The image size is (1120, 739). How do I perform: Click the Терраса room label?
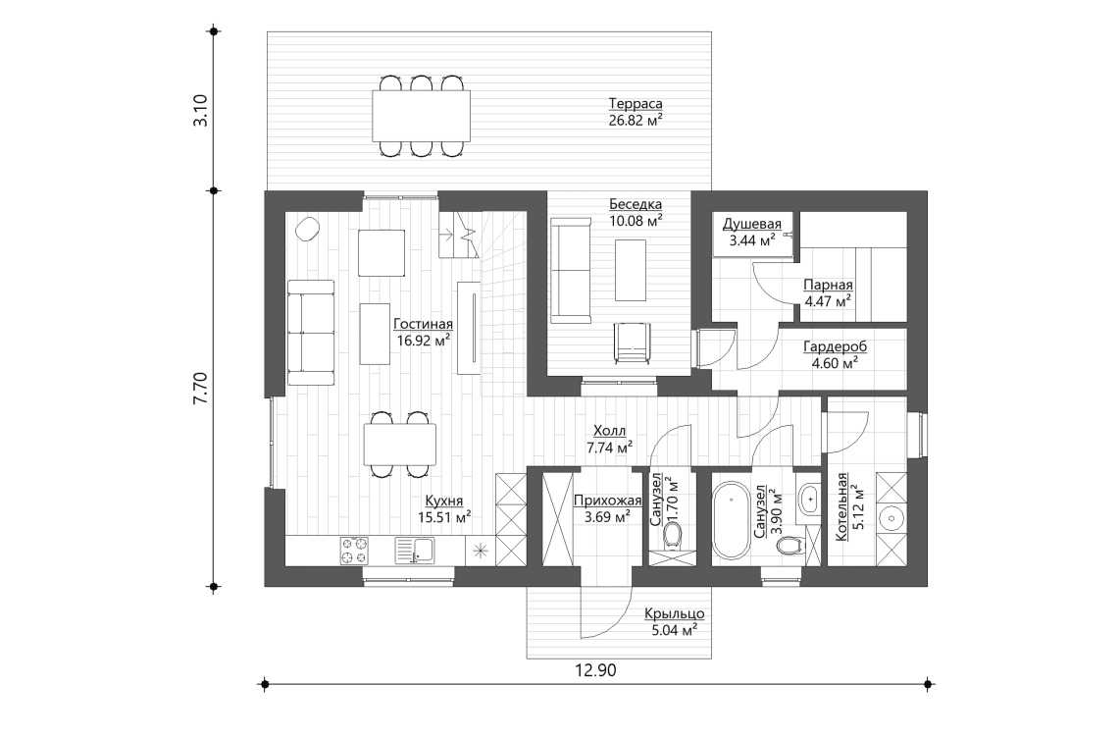pos(635,104)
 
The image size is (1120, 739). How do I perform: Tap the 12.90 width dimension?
pos(595,670)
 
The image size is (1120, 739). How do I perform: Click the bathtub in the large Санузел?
pos(730,519)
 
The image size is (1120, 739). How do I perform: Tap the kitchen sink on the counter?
pos(414,551)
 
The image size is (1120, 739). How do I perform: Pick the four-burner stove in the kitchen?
pos(355,551)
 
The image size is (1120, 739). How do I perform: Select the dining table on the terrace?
pos(421,116)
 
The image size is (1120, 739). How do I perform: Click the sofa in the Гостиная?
pos(311,333)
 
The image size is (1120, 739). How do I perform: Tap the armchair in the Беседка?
pos(633,343)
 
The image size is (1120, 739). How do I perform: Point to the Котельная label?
pos(842,506)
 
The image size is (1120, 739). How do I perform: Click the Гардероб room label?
pos(835,346)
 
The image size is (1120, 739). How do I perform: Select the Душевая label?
pos(751,225)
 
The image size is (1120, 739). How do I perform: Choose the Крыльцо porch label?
pos(675,614)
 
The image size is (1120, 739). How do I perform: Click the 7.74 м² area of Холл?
pos(610,449)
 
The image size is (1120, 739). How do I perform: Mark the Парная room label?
pos(828,286)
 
